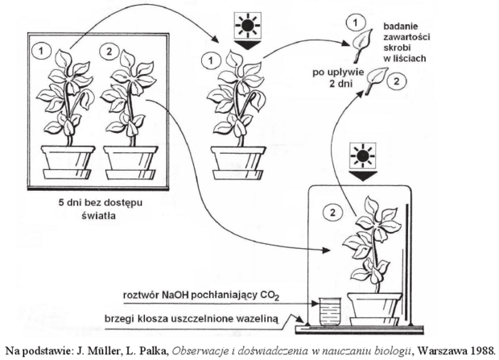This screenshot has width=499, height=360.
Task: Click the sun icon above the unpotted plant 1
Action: pyautogui.click(x=247, y=25)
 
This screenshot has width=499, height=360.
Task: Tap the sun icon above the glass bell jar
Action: pyautogui.click(x=363, y=155)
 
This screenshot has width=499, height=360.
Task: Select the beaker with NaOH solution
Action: pyautogui.click(x=330, y=311)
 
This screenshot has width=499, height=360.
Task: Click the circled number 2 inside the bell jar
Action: pyautogui.click(x=332, y=212)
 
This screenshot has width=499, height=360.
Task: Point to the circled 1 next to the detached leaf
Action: pyautogui.click(x=355, y=23)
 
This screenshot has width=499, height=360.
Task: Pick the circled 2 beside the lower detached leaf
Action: pyautogui.click(x=396, y=82)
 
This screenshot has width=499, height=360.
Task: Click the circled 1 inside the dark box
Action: pyautogui.click(x=41, y=51)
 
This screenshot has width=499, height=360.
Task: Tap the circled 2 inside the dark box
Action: pyautogui.click(x=109, y=52)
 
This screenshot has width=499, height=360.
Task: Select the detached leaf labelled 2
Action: pyautogui.click(x=376, y=79)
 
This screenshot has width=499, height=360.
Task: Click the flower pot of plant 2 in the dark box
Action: pyautogui.click(x=130, y=163)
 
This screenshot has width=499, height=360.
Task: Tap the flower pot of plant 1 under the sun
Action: pyautogui.click(x=238, y=163)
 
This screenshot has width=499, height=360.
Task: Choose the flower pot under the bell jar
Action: pyautogui.click(x=374, y=309)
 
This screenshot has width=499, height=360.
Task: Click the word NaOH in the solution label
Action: pyautogui.click(x=175, y=295)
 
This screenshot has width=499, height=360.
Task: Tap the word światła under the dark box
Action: pyautogui.click(x=99, y=216)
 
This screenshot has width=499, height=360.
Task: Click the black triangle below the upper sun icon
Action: pyautogui.click(x=248, y=44)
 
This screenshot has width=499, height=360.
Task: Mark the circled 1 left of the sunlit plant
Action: pyautogui.click(x=210, y=60)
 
